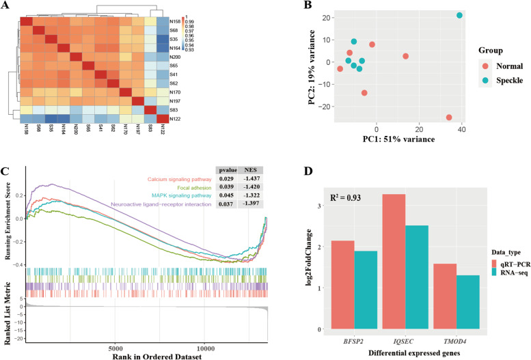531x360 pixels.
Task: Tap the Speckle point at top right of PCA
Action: pyautogui.click(x=459, y=15)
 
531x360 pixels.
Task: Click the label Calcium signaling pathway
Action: pyautogui.click(x=170, y=180)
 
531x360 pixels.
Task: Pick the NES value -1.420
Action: pyautogui.click(x=251, y=189)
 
